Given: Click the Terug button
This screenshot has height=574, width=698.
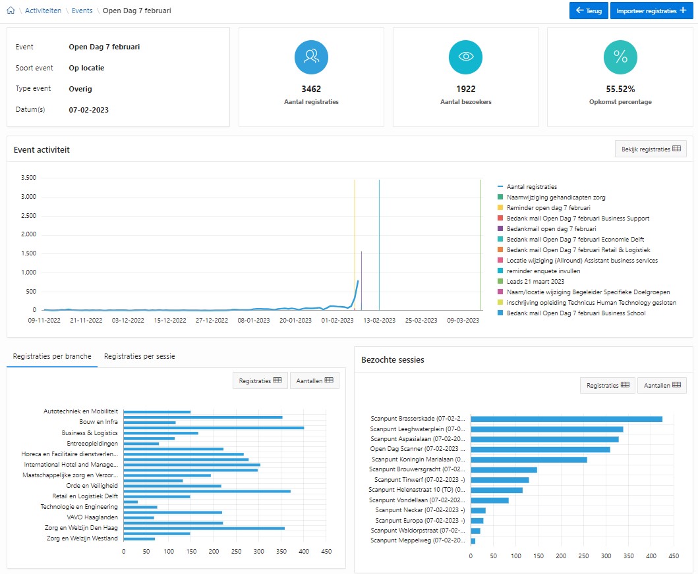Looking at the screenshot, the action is point(589,11).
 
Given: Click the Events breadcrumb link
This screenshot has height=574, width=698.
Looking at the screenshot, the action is point(82,11).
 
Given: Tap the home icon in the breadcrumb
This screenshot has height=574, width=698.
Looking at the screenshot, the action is point(11,11).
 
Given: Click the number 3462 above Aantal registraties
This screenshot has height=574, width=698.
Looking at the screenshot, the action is point(311,89).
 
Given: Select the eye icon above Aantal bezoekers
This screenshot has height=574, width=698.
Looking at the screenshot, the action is point(465,57).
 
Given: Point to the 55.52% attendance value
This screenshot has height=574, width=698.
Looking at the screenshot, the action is point(620,89).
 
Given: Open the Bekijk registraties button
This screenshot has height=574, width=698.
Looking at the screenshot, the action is point(651,149).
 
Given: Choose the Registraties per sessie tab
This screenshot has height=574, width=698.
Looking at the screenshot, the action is point(139,356).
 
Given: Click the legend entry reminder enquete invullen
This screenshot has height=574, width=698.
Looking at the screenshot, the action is point(543,271).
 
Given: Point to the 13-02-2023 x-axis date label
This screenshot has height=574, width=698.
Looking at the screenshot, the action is point(379,320).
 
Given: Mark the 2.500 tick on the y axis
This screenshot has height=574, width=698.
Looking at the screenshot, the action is point(28,216).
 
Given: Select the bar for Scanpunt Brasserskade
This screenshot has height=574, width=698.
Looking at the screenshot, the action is point(566,419).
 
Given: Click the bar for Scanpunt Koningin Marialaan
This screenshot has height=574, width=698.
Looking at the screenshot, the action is point(529,459).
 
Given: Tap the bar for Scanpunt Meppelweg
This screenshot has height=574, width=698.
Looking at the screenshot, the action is point(473,541).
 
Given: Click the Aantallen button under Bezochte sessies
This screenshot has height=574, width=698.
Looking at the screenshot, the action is point(662,385).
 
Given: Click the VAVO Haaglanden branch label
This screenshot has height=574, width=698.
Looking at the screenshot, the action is point(92,517).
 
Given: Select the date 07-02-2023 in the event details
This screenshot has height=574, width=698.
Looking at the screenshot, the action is point(88,110).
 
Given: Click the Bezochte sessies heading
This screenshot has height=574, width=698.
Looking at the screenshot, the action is point(393,359).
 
